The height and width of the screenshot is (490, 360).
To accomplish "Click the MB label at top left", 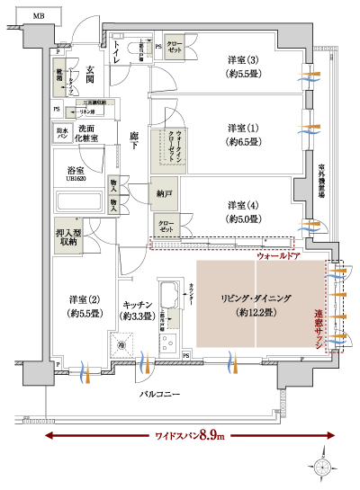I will pyautogui.click(x=38, y=16).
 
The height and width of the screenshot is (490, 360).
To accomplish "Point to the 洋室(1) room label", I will pyautogui.click(x=242, y=134).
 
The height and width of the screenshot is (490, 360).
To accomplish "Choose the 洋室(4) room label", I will pyautogui.click(x=242, y=210).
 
